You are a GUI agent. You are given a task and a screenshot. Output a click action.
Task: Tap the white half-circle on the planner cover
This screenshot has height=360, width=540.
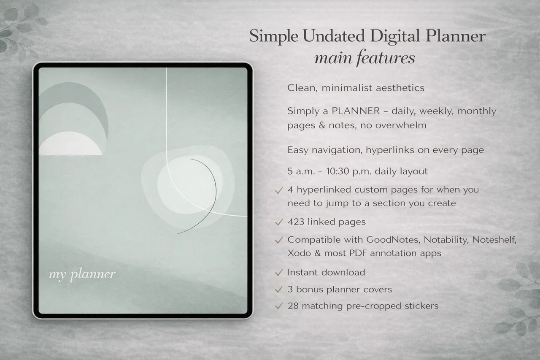coord(70,145)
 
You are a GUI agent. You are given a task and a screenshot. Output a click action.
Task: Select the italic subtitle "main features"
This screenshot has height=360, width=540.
coord(365,58)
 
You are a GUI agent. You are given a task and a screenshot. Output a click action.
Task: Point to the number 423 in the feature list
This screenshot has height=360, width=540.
coord(296,222)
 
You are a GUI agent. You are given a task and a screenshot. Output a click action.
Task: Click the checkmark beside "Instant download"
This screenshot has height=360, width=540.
coord(278,273)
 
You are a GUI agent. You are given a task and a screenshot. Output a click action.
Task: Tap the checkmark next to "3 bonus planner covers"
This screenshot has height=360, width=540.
coord(278,290)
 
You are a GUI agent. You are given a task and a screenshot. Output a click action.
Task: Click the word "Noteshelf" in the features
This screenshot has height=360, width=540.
coord(494,240)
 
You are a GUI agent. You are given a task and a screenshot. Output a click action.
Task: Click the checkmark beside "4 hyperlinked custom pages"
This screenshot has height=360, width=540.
coord(278,190)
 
